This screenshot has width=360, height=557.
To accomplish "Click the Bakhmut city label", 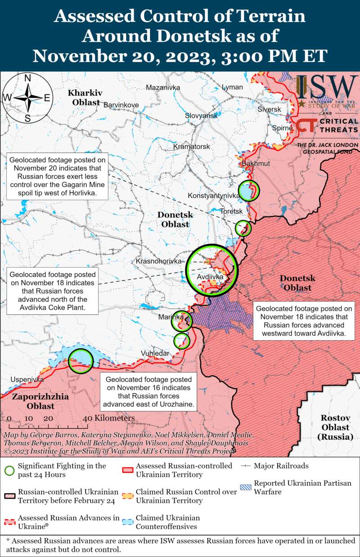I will (256, 163).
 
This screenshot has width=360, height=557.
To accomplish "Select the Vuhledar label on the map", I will (155, 353).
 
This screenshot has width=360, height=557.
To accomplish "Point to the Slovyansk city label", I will (201, 116).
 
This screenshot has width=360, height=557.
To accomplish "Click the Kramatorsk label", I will (192, 147).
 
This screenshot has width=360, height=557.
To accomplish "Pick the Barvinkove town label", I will (121, 105).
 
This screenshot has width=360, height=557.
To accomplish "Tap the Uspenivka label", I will (27, 379).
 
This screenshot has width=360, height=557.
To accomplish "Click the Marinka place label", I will (171, 318).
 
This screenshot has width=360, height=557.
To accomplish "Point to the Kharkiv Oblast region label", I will (84, 98).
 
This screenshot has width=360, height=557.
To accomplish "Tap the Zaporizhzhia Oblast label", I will (34, 401).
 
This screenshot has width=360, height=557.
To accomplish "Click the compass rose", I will (27, 98).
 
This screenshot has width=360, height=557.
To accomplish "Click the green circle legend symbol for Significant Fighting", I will (9, 471).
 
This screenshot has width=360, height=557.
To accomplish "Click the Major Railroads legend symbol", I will (247, 466).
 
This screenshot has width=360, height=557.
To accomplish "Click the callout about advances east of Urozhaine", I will (148, 391).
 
